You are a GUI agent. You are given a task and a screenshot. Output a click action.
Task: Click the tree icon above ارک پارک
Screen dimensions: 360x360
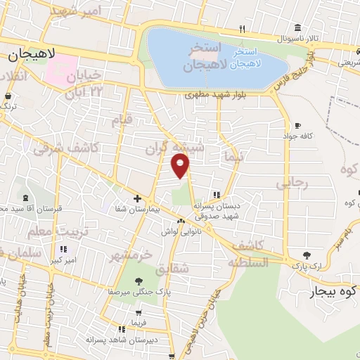306,256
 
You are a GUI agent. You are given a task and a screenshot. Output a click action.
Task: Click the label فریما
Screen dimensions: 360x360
138,323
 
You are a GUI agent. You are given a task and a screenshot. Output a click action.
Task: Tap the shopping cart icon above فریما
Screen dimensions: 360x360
138,313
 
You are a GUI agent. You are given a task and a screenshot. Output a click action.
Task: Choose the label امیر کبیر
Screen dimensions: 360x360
63,259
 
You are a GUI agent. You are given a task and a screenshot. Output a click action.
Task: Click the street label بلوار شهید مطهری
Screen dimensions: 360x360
214,94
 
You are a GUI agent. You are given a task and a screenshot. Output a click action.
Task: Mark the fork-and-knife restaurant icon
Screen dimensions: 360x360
242,29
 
